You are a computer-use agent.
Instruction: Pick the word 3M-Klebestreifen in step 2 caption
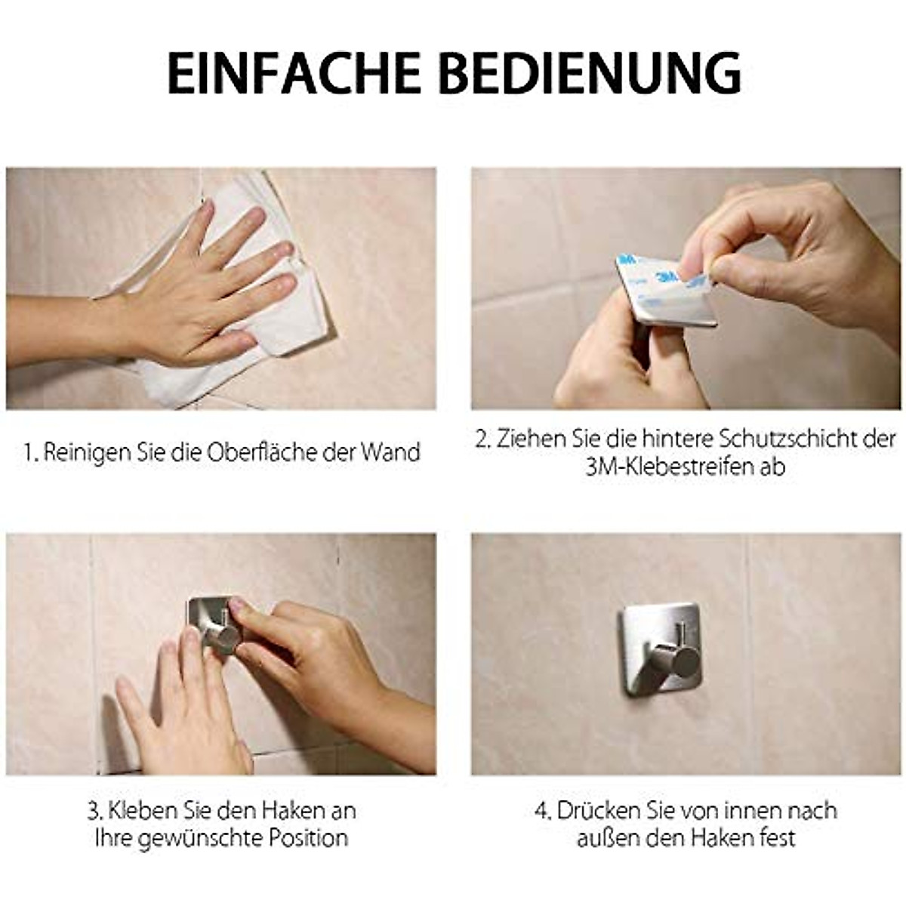[667, 467]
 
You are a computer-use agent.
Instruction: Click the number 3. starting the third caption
[95, 811]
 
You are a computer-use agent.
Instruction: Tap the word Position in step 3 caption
[309, 838]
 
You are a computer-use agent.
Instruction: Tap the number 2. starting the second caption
[483, 439]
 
